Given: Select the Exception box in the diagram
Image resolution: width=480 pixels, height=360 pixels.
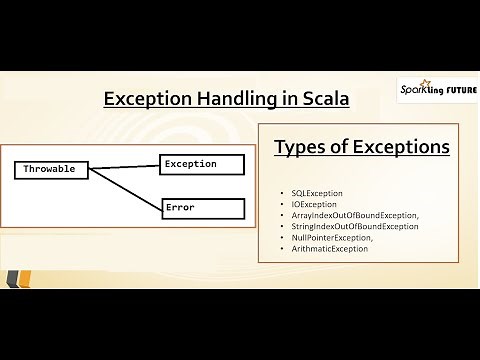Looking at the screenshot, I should (x=202, y=163).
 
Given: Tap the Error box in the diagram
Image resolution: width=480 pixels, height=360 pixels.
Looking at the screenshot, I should (x=202, y=208).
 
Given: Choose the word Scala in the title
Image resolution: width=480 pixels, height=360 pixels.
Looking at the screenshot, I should (x=320, y=100).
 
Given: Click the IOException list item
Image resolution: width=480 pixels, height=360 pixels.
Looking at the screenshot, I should (x=314, y=203).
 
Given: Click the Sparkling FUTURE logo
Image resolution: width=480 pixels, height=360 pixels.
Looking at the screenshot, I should (x=437, y=89).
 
